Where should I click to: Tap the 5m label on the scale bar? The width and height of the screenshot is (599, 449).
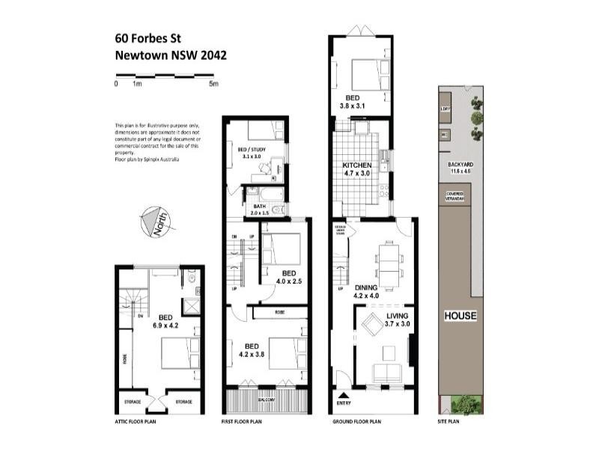[213, 84]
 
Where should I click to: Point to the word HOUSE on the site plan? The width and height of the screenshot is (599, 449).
[460, 315]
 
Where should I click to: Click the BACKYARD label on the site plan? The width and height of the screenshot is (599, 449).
[460, 165]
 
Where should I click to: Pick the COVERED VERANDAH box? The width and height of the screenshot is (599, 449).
[455, 195]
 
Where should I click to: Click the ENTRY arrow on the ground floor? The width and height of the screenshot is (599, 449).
[343, 396]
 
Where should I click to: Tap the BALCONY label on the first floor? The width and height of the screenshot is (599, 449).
[267, 400]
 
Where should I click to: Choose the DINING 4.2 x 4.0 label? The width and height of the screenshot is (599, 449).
[366, 290]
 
